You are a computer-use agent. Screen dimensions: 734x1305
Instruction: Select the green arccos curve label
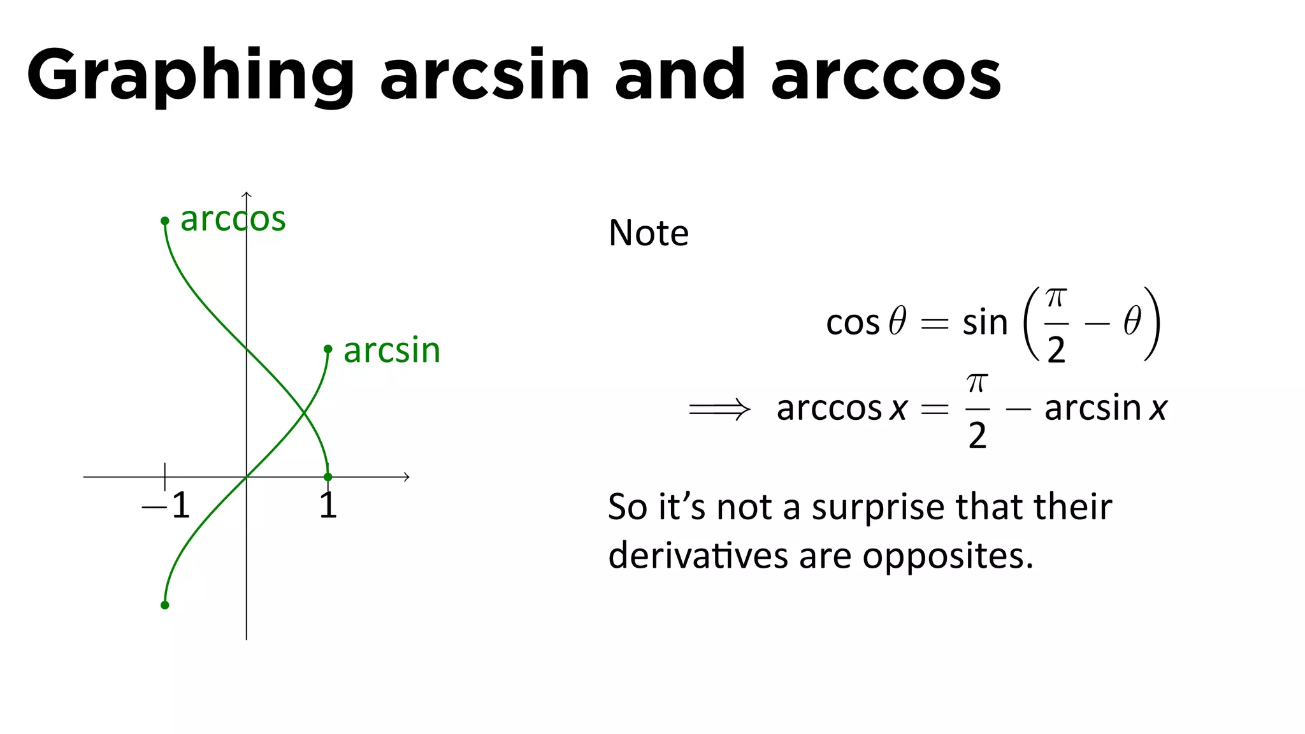(233, 219)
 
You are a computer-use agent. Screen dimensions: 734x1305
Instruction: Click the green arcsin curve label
(392, 350)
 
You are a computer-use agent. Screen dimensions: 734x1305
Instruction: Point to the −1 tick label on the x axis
(166, 506)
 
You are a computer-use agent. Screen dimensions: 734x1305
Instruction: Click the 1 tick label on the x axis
(328, 506)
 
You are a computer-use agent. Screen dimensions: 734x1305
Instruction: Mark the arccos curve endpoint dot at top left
(165, 221)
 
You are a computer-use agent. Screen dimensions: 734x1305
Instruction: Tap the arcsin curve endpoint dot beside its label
(328, 349)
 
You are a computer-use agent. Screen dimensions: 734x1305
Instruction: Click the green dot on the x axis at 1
(328, 477)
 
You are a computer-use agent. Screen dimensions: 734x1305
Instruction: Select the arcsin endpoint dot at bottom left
(165, 605)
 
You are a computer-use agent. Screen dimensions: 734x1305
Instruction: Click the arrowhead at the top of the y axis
(247, 194)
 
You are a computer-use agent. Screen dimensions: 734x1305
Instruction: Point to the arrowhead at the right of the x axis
(406, 477)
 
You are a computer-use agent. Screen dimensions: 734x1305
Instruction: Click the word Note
(648, 233)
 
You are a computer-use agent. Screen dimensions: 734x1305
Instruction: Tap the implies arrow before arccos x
(719, 409)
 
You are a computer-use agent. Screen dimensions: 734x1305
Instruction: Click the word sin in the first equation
(984, 322)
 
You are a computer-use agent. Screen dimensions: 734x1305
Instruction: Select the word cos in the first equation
(852, 322)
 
